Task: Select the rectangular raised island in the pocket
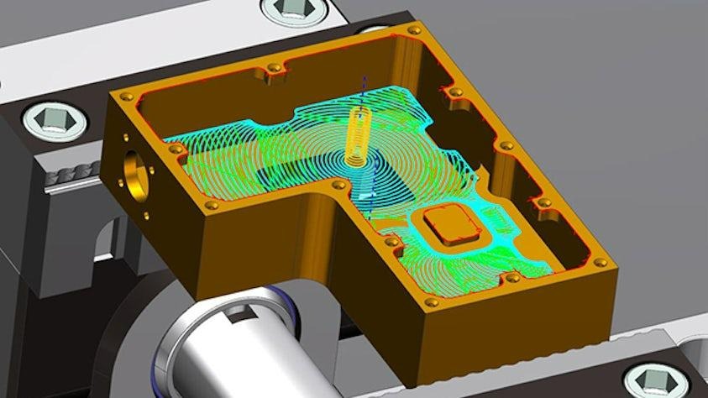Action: [448, 225]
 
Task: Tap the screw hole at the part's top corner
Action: [414, 30]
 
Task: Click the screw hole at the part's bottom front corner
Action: [431, 301]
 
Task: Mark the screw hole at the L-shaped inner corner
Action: [338, 185]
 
